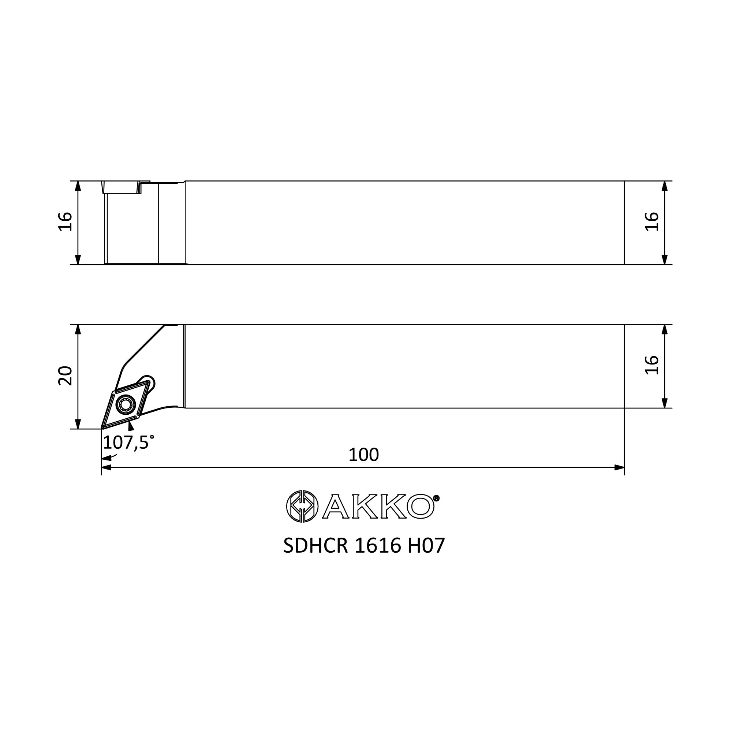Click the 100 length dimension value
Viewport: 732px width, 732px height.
363,455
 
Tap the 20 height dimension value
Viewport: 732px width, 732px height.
65,376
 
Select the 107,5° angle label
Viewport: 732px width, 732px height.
128,442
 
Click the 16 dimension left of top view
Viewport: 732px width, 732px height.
65,222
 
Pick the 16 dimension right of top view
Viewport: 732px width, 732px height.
652,222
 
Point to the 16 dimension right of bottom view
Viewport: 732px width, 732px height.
652,365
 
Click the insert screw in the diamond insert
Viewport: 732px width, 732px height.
126,405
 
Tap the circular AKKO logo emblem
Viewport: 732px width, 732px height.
302,507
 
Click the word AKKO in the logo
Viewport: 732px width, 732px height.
378,507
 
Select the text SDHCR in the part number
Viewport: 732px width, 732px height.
315,546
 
